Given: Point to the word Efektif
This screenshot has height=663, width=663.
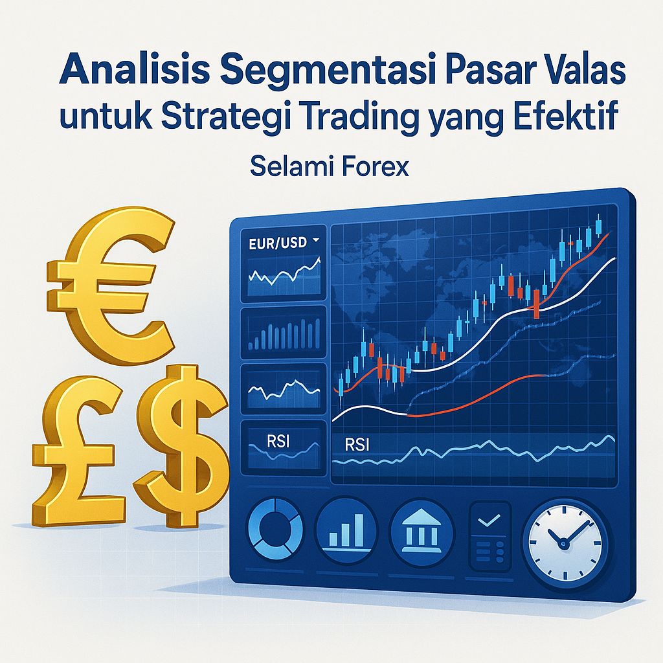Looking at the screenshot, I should point(565,118).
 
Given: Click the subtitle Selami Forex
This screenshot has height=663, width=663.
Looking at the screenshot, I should point(329,167).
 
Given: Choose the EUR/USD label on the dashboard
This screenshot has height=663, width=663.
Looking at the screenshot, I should point(277,245).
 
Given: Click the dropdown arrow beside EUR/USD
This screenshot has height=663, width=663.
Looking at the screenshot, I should point(316,241).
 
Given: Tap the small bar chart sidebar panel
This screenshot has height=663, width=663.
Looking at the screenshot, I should point(284,333).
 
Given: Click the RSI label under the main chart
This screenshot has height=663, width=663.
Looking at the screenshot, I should point(354,445).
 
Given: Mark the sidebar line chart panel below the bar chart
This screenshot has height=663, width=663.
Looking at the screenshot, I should point(284,388).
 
